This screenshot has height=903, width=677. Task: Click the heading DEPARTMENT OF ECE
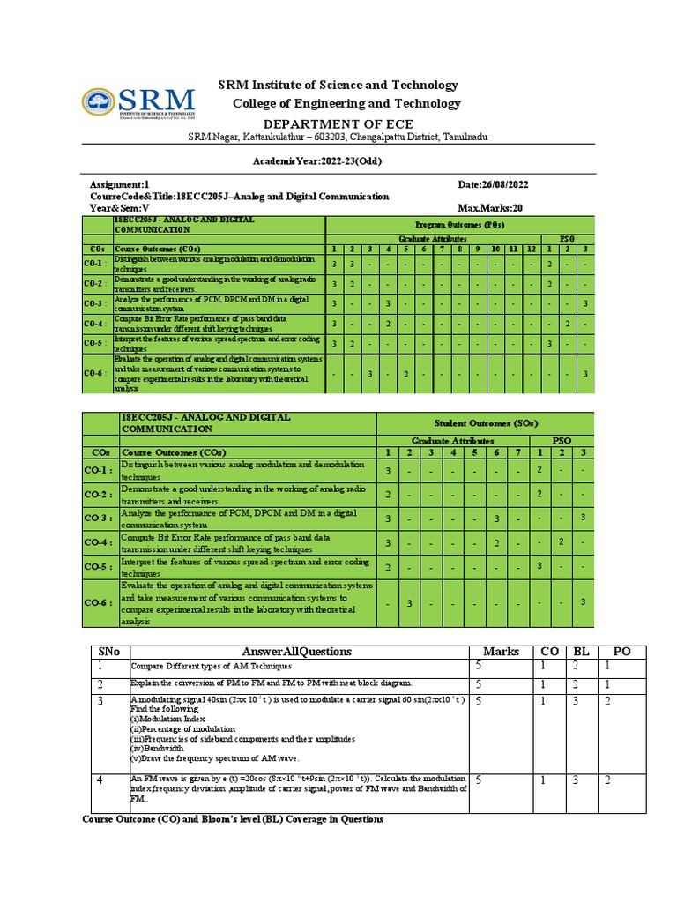338,123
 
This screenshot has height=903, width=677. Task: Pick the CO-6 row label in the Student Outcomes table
98,602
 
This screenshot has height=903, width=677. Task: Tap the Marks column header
501,652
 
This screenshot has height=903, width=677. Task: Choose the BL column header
582,652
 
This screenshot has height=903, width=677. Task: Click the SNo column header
109,652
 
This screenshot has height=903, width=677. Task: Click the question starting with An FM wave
299,789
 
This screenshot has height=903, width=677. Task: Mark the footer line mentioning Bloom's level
233,819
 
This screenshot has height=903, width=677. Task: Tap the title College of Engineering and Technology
346,104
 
